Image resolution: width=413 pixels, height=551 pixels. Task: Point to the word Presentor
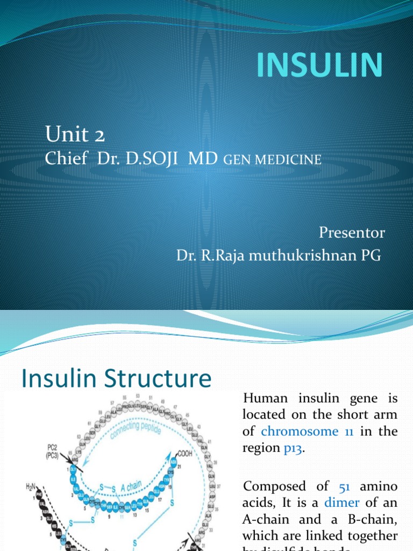352,232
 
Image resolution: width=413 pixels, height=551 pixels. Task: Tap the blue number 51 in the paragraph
345,486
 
